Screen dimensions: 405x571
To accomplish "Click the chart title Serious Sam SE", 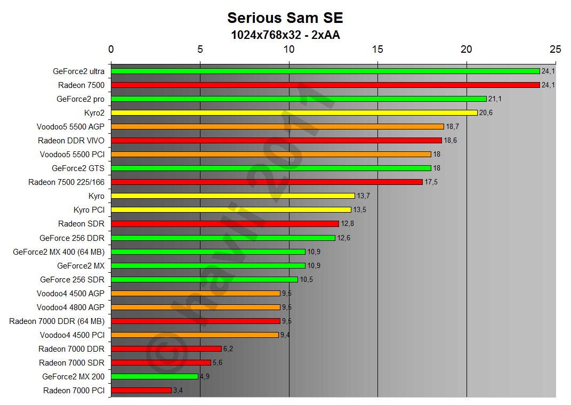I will pos(285,18).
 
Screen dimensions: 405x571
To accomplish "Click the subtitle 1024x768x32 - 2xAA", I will pos(285,35).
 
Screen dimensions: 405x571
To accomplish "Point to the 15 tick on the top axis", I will pos(377,49).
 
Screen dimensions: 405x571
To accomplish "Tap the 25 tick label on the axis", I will pos(555,49).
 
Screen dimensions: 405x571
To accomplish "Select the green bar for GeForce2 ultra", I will pos(325,71).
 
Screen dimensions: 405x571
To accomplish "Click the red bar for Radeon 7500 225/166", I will pos(267,182).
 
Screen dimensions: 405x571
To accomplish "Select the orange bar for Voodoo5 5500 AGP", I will pos(277,126).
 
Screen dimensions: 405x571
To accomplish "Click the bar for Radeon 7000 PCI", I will pos(141,390).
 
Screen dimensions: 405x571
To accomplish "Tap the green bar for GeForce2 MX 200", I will pos(155,376).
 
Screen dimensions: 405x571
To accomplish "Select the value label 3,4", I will pos(178,391).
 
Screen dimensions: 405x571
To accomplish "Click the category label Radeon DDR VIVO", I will pos(71,140).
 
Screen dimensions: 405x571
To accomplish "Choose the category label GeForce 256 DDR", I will pos(72,238).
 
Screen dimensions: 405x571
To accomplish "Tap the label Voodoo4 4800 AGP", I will pos(70,307).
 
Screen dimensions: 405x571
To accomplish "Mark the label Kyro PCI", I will pos(89,209).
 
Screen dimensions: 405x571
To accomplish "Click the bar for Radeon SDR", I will pos(225,224).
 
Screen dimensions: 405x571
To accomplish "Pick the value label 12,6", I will pos(344,238).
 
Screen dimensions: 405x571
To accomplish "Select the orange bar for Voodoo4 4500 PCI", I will pos(195,335).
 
